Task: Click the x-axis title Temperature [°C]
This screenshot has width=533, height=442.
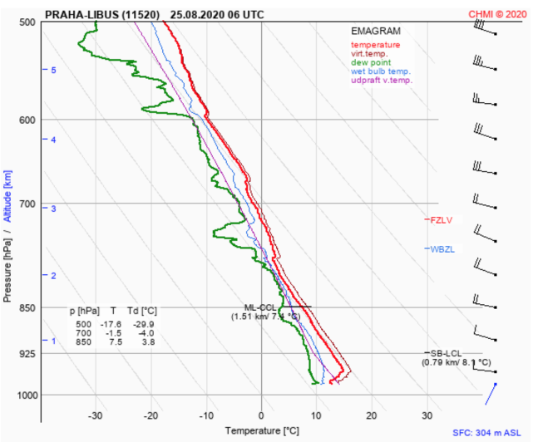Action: (261, 431)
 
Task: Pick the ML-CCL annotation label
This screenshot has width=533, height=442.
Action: (259, 307)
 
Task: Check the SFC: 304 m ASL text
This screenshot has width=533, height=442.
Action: (490, 433)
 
